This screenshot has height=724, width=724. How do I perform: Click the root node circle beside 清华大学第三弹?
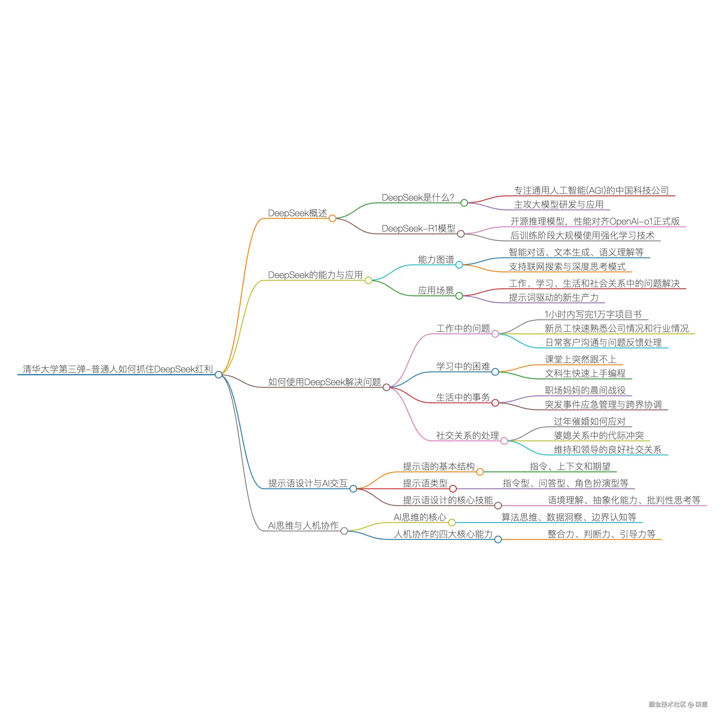[x=218, y=375]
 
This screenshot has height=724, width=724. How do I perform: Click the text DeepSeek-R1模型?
[x=418, y=229]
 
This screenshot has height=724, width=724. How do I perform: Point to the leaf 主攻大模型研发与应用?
[x=558, y=205]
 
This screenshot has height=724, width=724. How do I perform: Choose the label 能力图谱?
[x=436, y=259]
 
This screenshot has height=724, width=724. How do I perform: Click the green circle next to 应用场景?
[x=459, y=296]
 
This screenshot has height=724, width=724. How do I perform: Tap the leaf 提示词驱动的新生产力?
[x=553, y=298]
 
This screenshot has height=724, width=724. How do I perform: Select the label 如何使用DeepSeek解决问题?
[x=325, y=382]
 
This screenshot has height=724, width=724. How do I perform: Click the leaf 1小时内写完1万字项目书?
[x=593, y=314]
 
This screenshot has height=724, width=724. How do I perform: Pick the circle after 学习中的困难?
[x=495, y=372]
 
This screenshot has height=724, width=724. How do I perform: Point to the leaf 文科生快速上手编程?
[x=585, y=373]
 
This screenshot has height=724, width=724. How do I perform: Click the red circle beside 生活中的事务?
[x=495, y=403]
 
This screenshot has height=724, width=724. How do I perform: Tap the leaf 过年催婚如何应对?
[x=590, y=421]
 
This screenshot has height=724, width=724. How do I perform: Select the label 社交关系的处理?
[x=467, y=435]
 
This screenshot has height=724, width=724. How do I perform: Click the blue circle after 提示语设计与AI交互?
[x=353, y=489]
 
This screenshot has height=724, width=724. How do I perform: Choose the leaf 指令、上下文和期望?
[x=570, y=467]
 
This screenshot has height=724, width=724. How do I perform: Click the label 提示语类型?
[x=425, y=483]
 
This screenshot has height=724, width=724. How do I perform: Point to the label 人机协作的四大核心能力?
[x=443, y=534]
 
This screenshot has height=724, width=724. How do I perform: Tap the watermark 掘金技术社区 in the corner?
[x=667, y=704]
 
